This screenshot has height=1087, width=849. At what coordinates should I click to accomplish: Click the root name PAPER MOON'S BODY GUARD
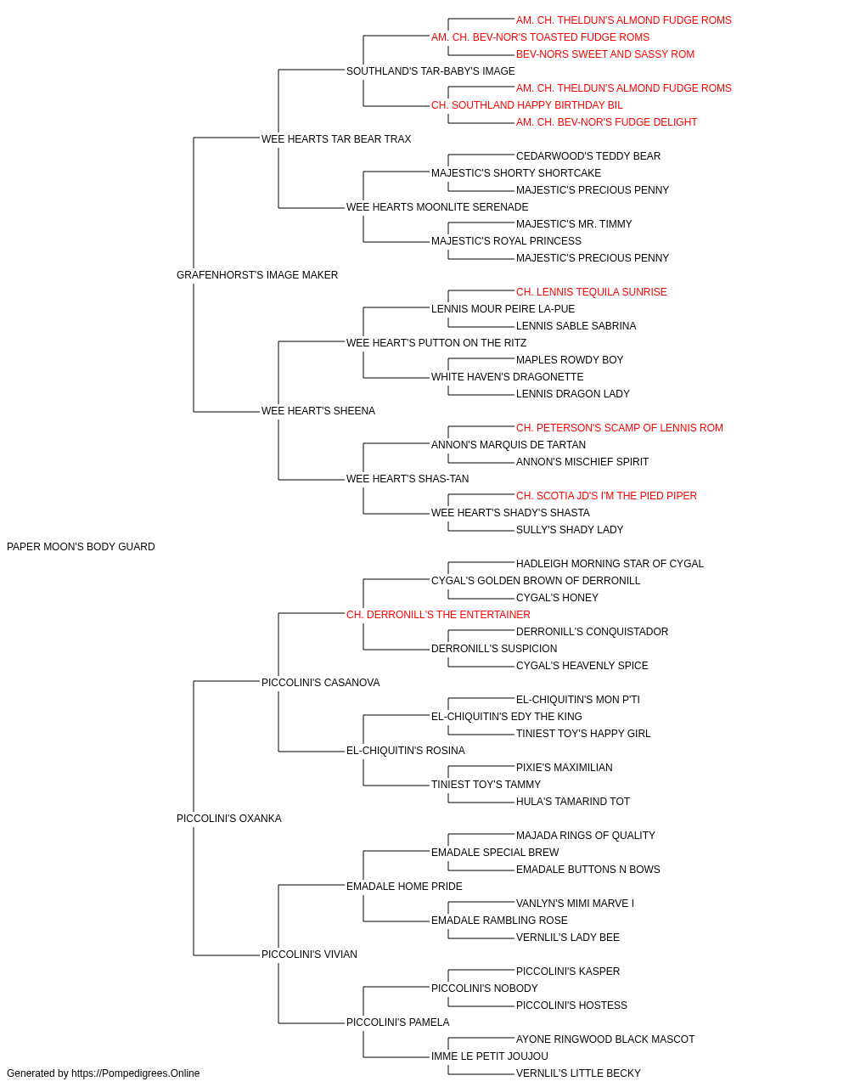point(81,547)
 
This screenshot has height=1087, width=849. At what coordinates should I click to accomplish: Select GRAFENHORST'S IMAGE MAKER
point(257,275)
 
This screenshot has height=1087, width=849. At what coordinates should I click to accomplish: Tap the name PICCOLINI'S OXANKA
point(229,819)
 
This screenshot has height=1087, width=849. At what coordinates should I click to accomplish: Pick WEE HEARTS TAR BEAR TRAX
point(336,139)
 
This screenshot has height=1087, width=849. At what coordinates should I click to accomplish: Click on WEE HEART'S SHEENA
point(318,411)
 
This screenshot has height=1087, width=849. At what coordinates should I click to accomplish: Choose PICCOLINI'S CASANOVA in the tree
point(321,683)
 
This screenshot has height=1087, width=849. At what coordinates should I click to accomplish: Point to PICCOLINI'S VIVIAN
point(309,955)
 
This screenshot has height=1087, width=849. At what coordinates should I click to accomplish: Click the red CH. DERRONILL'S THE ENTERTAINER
point(438,615)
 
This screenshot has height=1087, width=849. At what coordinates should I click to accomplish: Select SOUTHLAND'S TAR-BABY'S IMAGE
point(430,71)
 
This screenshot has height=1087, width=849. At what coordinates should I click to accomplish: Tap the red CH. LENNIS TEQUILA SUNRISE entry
point(591,292)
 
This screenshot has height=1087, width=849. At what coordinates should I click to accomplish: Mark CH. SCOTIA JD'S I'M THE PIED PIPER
point(606,496)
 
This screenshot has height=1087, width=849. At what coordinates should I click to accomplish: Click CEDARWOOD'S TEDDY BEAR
point(588,156)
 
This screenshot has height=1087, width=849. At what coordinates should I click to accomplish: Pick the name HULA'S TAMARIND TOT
point(572,802)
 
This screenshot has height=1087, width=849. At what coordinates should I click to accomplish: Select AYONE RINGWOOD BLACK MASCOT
point(605,1039)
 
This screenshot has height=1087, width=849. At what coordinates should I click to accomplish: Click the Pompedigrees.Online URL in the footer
point(136,1073)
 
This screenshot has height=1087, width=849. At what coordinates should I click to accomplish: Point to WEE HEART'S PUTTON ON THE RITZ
point(436,343)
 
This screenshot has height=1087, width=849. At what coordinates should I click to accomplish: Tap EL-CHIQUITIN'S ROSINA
point(406,751)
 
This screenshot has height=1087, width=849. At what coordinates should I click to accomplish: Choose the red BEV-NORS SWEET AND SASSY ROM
point(605,54)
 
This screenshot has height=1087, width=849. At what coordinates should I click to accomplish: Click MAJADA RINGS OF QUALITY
point(586,836)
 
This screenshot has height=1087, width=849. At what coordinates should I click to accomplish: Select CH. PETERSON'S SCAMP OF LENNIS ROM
point(620,428)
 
